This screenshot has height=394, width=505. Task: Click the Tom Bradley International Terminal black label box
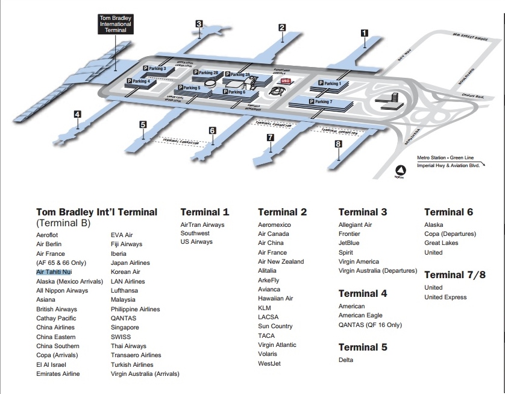(x=116, y=24)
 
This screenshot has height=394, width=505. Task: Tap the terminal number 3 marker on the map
(x=198, y=24)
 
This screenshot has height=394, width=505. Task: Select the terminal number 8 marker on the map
(x=338, y=144)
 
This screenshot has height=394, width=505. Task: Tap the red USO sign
(x=286, y=80)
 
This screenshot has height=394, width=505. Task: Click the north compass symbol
(x=400, y=171)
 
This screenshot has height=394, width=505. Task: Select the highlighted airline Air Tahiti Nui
(x=54, y=272)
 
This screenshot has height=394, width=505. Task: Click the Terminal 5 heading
(x=363, y=347)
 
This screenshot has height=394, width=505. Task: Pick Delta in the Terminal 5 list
(x=346, y=360)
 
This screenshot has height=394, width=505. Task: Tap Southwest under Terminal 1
(x=195, y=233)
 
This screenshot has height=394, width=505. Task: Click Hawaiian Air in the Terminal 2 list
(x=275, y=299)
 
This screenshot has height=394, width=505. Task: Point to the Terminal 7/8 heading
(x=454, y=275)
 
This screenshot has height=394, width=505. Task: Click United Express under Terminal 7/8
(x=445, y=297)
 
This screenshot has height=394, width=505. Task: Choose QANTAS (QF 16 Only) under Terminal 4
(x=370, y=325)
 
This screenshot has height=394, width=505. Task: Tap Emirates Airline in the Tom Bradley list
(x=58, y=374)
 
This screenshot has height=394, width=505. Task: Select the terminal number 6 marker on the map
(x=212, y=130)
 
